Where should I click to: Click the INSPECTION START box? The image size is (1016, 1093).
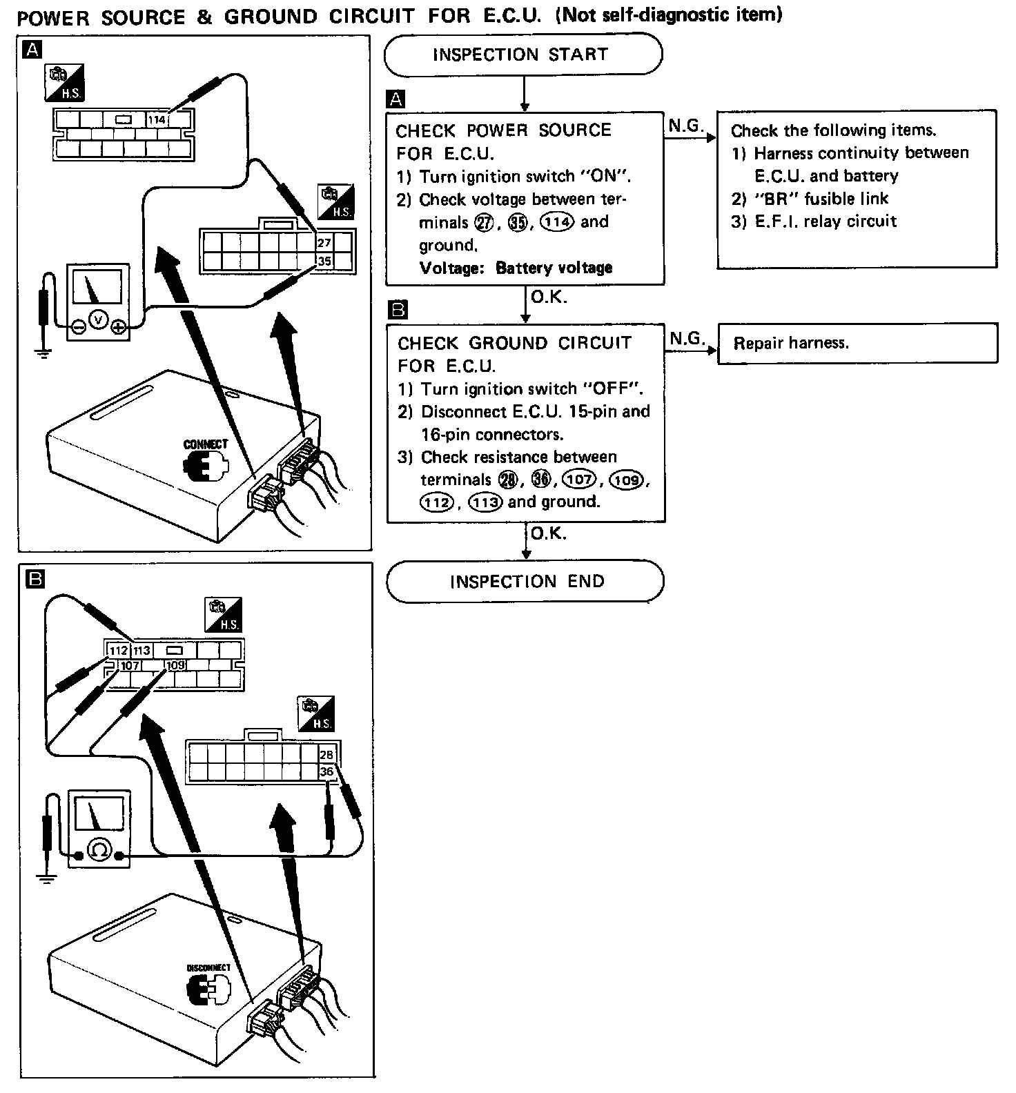point(522,55)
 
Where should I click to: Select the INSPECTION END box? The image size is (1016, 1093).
point(525,582)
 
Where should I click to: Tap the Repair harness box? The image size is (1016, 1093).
point(857,343)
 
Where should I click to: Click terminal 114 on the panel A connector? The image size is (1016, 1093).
point(157,119)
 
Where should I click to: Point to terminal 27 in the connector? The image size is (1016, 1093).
point(324,243)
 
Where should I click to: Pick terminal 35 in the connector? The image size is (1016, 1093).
point(324,261)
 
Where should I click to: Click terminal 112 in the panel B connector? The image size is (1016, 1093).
point(119,651)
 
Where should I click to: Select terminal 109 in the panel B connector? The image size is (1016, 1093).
point(175,666)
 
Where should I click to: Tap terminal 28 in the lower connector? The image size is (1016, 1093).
point(326,755)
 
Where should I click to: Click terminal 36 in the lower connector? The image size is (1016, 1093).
point(326,771)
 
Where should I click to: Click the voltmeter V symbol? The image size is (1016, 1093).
point(98,319)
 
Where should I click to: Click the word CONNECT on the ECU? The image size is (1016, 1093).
point(205,444)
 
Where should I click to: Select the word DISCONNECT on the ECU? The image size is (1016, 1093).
point(208,967)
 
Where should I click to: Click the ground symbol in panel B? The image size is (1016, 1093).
point(46,879)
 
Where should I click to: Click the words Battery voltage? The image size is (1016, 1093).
point(554,268)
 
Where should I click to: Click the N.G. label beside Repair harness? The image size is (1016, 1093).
point(685,338)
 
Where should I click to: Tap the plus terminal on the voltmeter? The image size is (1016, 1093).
point(119,327)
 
